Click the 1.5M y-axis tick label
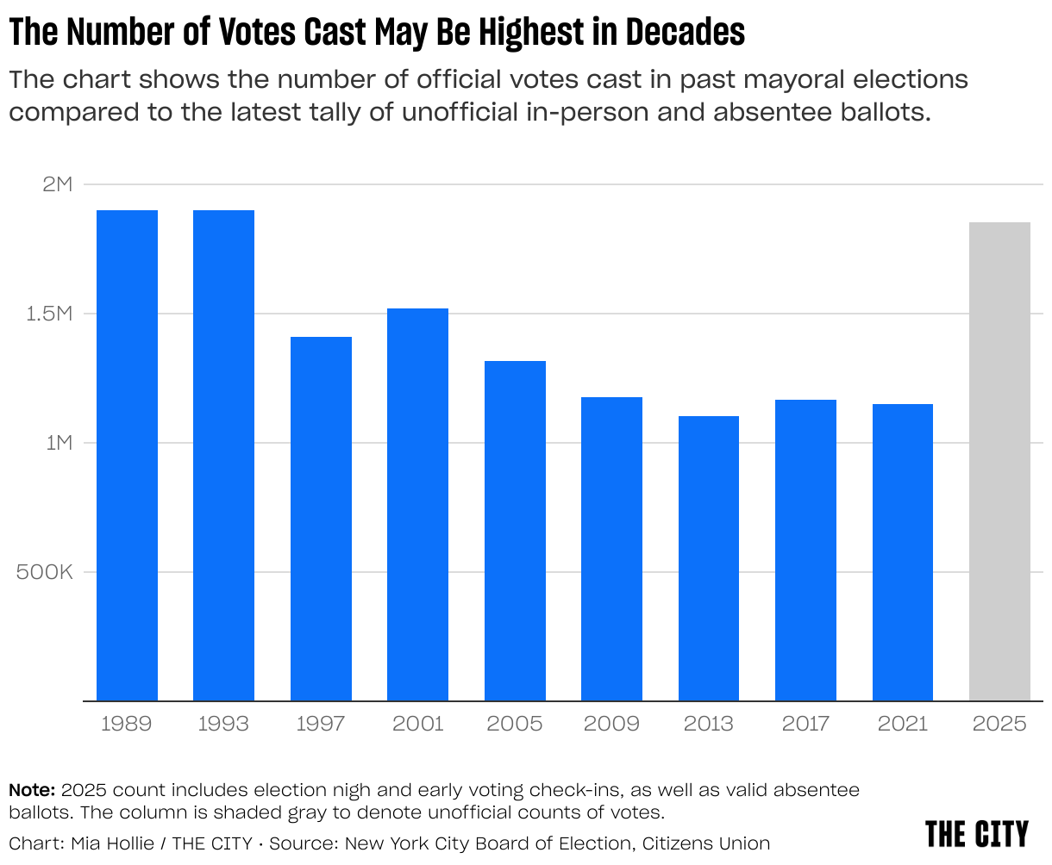(x=47, y=314)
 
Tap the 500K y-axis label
(x=45, y=573)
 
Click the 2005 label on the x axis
(x=515, y=724)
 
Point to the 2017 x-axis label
(x=805, y=724)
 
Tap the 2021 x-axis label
(x=902, y=724)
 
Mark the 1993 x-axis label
(x=223, y=724)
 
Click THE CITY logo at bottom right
(x=977, y=834)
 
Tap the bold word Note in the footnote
(x=31, y=790)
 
